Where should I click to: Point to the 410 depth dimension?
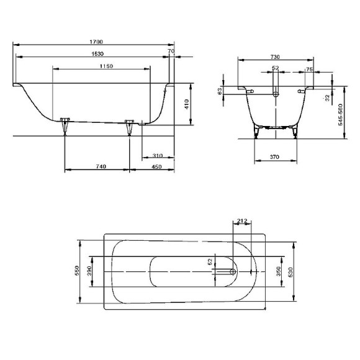186,104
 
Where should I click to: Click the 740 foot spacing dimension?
98,166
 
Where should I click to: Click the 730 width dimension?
274,56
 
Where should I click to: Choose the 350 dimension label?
279,271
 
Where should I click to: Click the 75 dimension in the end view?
308,70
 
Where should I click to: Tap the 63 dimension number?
220,91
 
